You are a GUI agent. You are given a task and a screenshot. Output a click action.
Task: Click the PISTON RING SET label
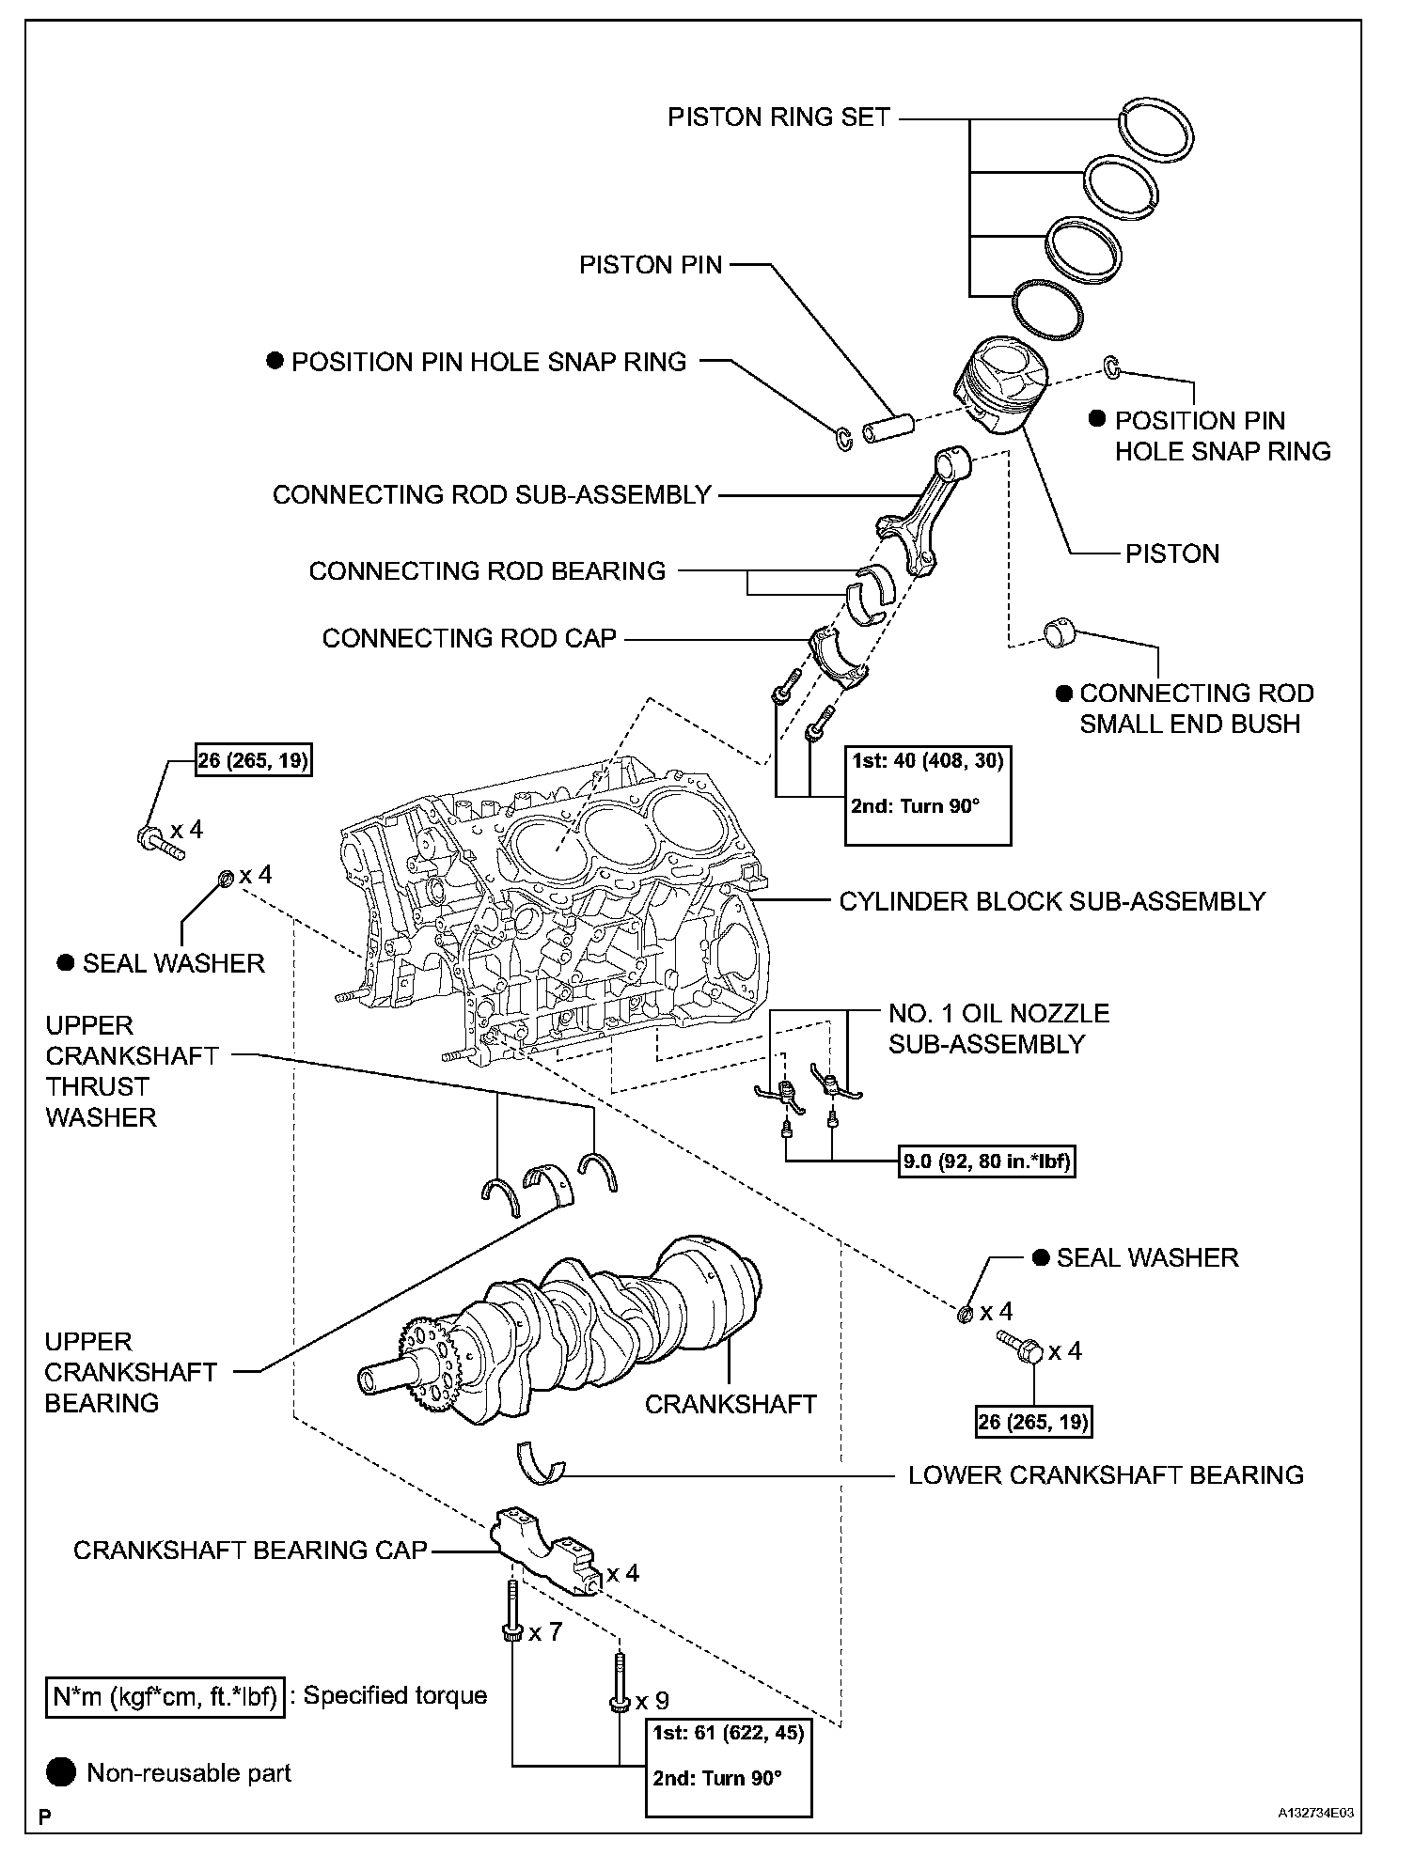coord(778,117)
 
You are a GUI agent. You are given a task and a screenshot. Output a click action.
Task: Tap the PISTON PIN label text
coord(651,265)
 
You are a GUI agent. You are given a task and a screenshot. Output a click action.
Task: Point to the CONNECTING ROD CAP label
coord(469,639)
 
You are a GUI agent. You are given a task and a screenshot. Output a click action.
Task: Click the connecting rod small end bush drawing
coord(1060,632)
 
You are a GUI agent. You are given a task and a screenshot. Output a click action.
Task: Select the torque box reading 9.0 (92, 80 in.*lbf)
coord(986,1162)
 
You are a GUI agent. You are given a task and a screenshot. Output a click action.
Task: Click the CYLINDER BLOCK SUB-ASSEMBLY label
coord(1052,902)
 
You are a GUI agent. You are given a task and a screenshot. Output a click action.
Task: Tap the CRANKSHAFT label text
coord(731,1404)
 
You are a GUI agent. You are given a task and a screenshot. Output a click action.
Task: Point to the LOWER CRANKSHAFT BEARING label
coord(1106,1474)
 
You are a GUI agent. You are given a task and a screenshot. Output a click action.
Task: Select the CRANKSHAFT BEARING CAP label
coord(250,1550)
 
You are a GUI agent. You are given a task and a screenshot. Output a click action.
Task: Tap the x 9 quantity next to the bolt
coord(652,1701)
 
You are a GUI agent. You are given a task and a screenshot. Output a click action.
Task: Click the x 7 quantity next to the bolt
coord(545,1632)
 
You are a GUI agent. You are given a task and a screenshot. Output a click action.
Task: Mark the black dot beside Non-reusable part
coord(61,1772)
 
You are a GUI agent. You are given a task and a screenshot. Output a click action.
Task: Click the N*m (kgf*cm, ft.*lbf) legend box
coord(165,1696)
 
